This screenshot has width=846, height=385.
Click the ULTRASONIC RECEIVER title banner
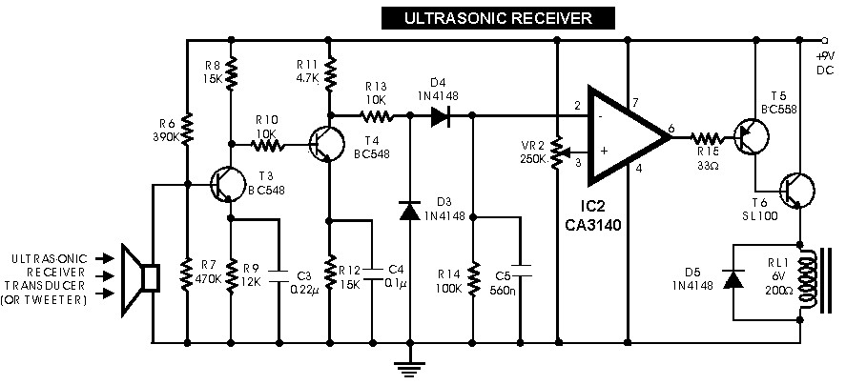click(x=498, y=18)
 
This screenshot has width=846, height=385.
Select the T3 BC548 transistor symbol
click(x=227, y=185)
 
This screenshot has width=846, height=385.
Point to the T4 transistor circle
click(x=326, y=144)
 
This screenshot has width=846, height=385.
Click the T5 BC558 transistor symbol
click(x=751, y=137)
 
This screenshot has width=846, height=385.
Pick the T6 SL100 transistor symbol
click(x=797, y=190)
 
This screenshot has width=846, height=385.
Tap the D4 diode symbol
click(x=441, y=115)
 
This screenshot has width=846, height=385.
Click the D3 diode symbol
click(x=409, y=211)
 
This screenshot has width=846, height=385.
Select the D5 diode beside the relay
click(x=733, y=279)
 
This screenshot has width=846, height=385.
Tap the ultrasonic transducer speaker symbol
click(x=140, y=279)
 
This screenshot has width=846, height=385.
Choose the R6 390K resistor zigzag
click(x=187, y=130)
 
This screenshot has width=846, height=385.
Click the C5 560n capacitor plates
click(x=521, y=271)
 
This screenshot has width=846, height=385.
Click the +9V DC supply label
click(x=826, y=63)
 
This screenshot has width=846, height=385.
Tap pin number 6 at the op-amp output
click(x=671, y=128)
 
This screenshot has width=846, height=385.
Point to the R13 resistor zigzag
click(x=377, y=115)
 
